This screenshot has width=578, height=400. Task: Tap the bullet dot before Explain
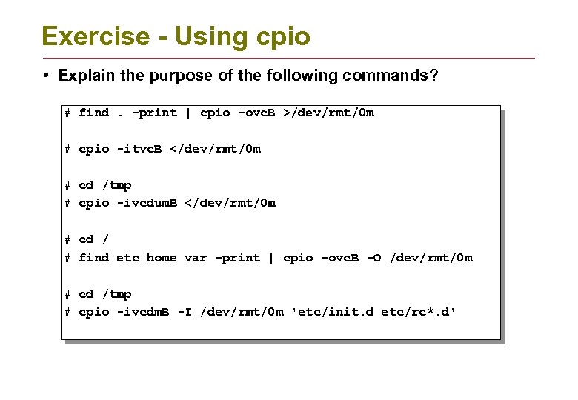click(46, 76)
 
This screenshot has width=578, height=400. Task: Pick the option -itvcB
click(140, 149)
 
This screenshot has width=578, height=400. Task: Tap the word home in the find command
click(162, 258)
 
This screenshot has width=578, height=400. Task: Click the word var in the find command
click(196, 258)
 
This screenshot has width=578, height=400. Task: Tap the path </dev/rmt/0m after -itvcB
click(216, 149)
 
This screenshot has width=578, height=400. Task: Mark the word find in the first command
click(94, 113)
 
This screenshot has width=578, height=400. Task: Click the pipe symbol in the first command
click(188, 113)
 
